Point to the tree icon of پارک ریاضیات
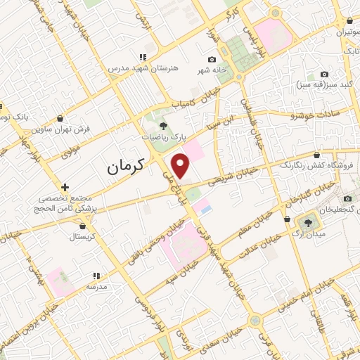coord(163,126)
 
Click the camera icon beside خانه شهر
coord(212,60)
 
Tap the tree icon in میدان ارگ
coord(309,224)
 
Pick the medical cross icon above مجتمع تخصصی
coord(65,187)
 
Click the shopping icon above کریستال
coord(85,226)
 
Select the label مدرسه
coord(96,286)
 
